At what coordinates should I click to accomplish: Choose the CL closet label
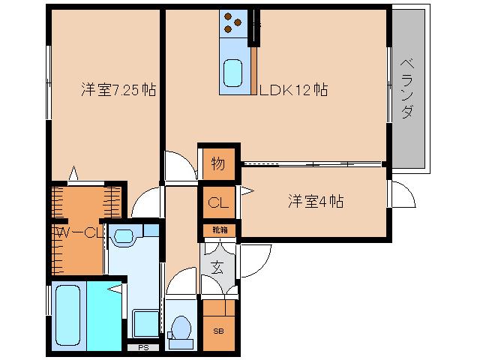[217, 202]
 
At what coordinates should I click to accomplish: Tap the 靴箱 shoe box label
[218, 230]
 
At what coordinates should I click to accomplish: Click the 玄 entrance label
[217, 265]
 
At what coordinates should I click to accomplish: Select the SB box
[218, 331]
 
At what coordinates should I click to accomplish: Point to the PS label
[142, 347]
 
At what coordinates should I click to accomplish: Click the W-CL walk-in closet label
[77, 233]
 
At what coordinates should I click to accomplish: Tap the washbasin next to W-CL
[122, 237]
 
